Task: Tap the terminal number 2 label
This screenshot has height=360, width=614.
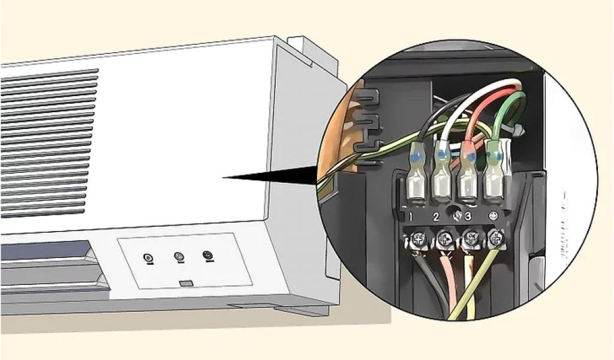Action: point(437,216)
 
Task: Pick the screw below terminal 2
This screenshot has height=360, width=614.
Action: point(444,239)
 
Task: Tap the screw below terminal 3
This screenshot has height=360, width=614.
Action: point(469,239)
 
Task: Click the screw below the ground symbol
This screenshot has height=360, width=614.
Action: point(495,239)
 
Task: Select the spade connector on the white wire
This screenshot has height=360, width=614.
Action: point(442,176)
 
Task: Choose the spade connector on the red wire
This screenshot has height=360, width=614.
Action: point(468,176)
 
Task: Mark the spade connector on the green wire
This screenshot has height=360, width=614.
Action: point(493,174)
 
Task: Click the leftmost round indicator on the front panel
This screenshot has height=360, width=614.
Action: point(148,259)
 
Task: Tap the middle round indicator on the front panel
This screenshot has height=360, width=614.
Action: point(179,257)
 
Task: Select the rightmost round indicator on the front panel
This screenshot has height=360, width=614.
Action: point(207,256)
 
